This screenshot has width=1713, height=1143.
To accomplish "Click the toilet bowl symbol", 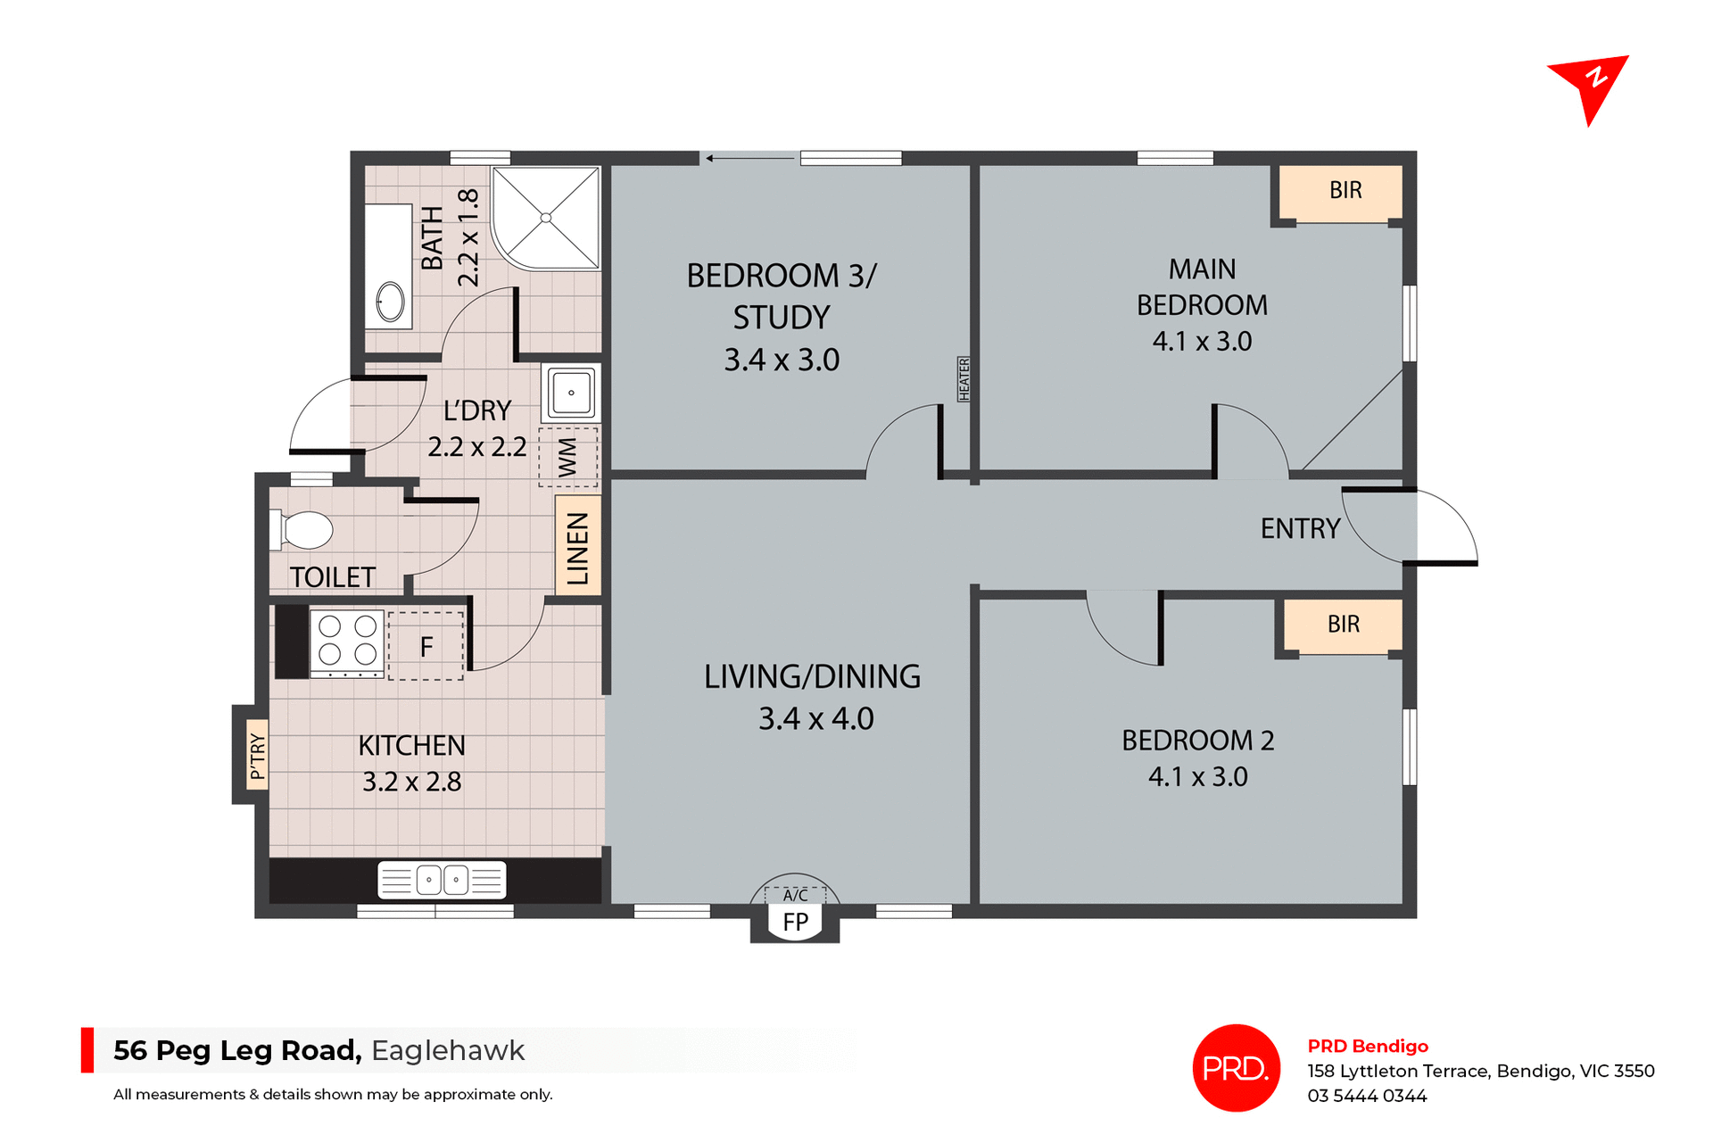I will (306, 530).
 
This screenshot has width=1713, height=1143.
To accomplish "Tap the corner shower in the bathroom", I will (546, 218).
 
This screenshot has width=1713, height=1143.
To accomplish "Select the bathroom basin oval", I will (390, 302).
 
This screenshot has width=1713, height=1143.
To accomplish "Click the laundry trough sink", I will (571, 393).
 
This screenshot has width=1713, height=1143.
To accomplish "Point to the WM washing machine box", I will (568, 458).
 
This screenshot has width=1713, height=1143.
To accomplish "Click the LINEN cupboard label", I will (578, 547).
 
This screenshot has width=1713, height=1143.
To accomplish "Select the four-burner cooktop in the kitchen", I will (347, 641).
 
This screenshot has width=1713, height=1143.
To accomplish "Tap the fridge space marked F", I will (426, 646).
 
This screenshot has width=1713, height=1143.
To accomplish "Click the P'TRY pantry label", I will (257, 756).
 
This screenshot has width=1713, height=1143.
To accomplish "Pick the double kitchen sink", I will (443, 880).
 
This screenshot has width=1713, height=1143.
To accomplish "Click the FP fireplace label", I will (795, 922).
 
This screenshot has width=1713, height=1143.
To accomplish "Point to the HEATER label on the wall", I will (964, 378).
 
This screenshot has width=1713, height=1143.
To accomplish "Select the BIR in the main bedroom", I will (1345, 190).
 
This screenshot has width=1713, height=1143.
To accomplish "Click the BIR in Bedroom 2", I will (1344, 624).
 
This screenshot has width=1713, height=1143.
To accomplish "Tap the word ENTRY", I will (1299, 529).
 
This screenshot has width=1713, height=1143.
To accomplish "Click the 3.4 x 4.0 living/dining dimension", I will (815, 718).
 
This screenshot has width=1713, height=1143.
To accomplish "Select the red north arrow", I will (1592, 85).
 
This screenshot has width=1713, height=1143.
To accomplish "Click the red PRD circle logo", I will (1236, 1068).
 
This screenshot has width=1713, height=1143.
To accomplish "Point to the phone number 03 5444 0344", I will (1367, 1096).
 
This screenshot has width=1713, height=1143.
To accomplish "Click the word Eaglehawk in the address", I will (448, 1050).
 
